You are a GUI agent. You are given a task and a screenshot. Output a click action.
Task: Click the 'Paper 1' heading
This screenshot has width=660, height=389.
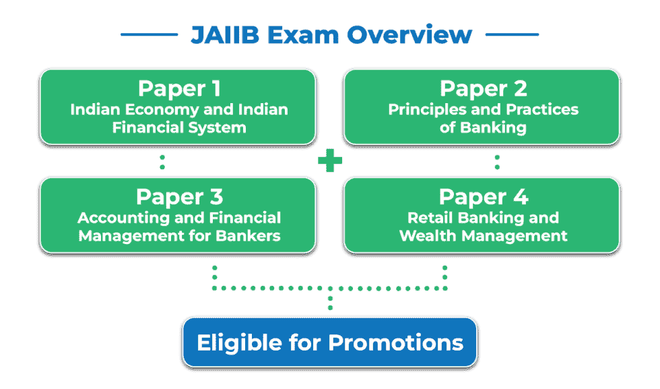(x=179, y=88)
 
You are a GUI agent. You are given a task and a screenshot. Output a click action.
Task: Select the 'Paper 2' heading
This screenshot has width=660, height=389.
(x=483, y=88)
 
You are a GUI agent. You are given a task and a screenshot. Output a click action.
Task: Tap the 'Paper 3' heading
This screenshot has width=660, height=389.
(x=179, y=197)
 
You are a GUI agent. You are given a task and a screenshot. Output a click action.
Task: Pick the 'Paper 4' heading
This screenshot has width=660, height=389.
(x=483, y=197)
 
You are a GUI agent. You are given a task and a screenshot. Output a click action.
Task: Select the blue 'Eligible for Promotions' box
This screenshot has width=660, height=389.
(x=329, y=342)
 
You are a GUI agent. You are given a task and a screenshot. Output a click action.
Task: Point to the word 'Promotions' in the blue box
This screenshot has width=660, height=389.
(x=396, y=342)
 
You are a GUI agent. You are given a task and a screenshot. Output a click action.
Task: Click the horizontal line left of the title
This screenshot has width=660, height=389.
(x=149, y=35)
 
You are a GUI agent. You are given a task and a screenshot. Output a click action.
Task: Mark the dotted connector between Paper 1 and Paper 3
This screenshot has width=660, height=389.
(x=162, y=161)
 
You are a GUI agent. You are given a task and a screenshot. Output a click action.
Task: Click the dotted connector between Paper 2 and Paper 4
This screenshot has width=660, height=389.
(x=497, y=161)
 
